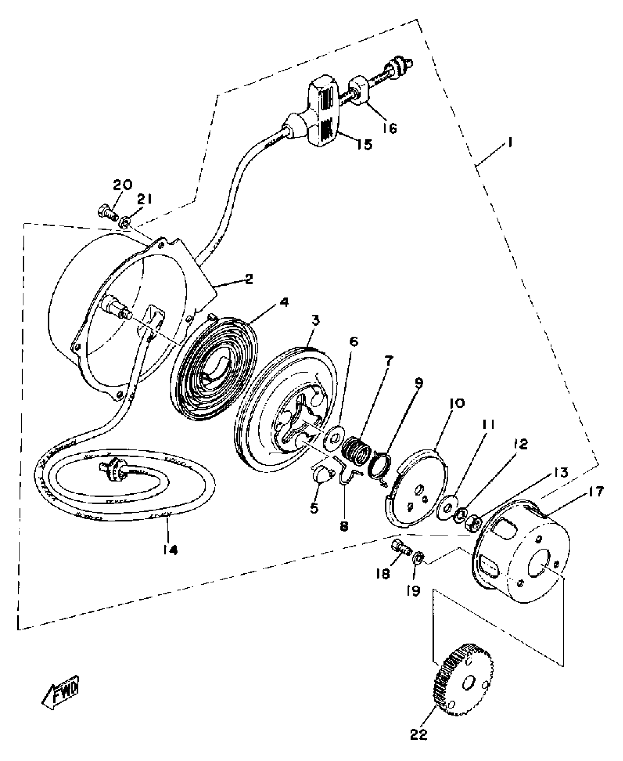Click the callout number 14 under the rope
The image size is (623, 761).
(x=170, y=550)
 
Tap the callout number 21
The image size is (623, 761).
(x=144, y=200)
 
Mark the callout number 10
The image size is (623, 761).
(x=455, y=403)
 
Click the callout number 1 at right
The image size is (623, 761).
(x=509, y=142)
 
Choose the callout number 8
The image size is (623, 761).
(x=344, y=526)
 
